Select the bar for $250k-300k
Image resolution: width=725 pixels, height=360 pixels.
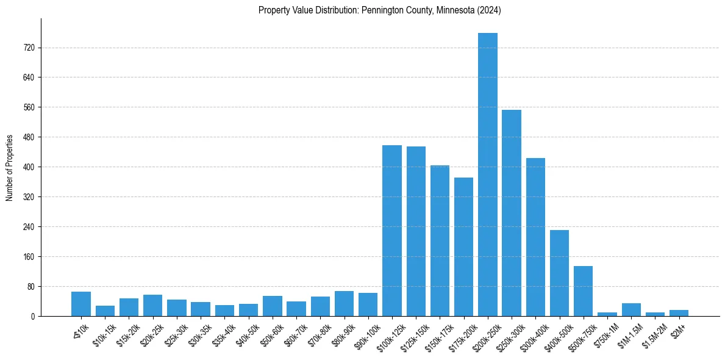[x=512, y=213]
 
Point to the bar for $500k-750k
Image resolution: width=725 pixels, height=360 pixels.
[x=583, y=291]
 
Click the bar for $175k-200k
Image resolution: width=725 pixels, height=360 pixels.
[x=463, y=247]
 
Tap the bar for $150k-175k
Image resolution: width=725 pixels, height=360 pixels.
[x=440, y=240]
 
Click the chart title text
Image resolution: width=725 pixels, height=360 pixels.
[x=379, y=10]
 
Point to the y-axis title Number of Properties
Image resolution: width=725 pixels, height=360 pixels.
[x=10, y=167]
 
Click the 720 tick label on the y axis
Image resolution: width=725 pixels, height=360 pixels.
[x=28, y=48]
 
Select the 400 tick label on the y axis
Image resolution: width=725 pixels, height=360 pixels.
[x=28, y=167]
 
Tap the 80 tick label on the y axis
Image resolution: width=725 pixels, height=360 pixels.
[x=30, y=286]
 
